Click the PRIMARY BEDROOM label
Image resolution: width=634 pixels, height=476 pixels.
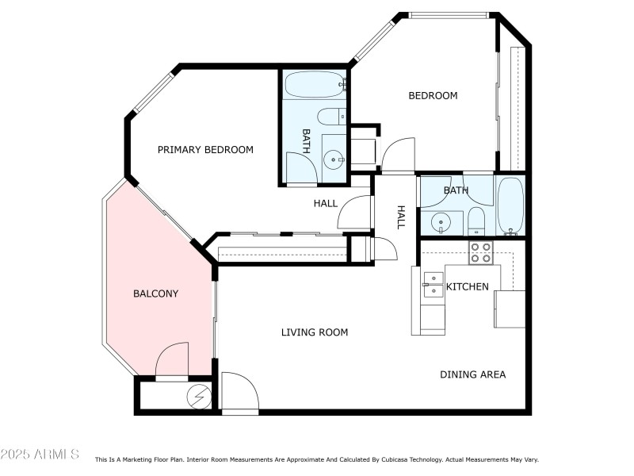(x=205, y=150)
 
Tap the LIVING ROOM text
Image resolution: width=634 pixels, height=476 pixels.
(x=315, y=332)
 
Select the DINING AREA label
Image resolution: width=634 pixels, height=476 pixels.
(x=472, y=374)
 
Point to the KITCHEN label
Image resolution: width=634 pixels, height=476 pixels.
(x=467, y=286)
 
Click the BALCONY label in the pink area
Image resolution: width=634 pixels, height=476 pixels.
(x=155, y=294)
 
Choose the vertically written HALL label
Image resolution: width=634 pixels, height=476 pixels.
(x=401, y=217)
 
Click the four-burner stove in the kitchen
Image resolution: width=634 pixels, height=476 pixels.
(x=480, y=253)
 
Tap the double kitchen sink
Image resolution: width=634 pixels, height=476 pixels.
(x=433, y=284)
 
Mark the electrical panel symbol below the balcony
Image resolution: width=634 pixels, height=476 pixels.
(x=197, y=395)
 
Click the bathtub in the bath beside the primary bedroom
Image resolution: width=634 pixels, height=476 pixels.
(x=315, y=84)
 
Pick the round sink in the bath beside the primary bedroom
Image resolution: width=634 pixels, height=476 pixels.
(x=334, y=159)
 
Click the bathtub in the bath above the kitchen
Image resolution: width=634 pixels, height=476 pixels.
(x=510, y=205)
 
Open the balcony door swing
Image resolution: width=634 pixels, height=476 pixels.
(x=172, y=361)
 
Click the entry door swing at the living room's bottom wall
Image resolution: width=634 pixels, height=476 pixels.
(x=239, y=393)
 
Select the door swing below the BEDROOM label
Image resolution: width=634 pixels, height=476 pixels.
(x=398, y=155)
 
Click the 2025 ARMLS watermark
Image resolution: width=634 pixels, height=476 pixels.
(x=40, y=455)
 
